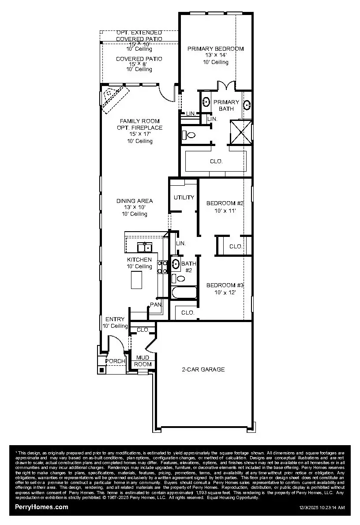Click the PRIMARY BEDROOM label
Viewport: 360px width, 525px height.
pos(215,49)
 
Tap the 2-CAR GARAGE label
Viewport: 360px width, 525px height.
pos(203,370)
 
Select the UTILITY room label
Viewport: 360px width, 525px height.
pos(184,197)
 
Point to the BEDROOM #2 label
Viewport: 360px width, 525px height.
pos(225,203)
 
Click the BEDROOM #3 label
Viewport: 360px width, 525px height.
pos(225,285)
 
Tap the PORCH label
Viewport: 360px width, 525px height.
pos(115,361)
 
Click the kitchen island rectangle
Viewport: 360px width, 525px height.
pos(136,279)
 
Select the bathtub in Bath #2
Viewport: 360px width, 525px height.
pos(184,293)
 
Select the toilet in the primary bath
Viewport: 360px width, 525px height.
pos(190,135)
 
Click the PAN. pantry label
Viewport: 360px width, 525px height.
pos(155,304)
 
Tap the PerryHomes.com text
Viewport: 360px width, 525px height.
pos(42,507)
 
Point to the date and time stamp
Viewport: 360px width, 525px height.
pos(322,508)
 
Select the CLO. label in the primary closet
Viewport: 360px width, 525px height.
pos(216,161)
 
